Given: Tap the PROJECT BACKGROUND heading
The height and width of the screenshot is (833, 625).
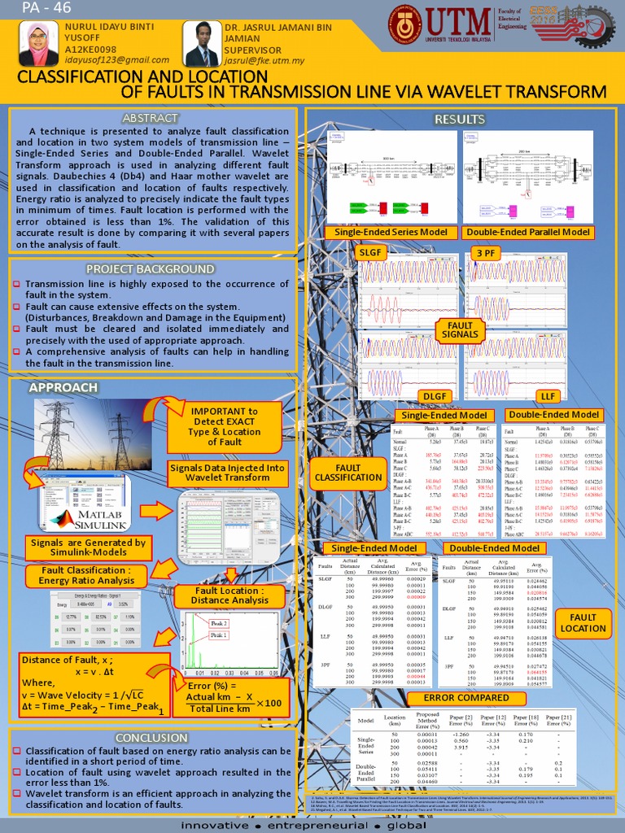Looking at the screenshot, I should click(x=151, y=268).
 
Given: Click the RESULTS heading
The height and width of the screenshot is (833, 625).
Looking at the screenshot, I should click(x=460, y=120).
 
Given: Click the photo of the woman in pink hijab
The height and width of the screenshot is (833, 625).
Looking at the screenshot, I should click(x=38, y=45).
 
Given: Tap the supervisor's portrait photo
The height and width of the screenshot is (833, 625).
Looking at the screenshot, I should click(x=201, y=45).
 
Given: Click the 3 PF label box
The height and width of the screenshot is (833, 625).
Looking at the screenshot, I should click(x=486, y=253).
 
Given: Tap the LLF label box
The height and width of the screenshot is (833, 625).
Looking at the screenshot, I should click(x=549, y=396).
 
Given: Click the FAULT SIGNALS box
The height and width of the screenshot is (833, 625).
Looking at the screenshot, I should click(x=460, y=329).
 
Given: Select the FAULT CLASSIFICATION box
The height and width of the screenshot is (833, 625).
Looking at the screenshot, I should click(x=347, y=473).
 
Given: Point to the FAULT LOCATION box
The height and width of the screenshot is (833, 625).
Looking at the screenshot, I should click(x=583, y=622).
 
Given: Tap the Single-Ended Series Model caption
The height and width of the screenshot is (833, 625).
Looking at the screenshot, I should click(x=387, y=233).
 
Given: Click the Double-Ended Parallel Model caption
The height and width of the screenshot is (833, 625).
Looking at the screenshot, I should click(x=531, y=233).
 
